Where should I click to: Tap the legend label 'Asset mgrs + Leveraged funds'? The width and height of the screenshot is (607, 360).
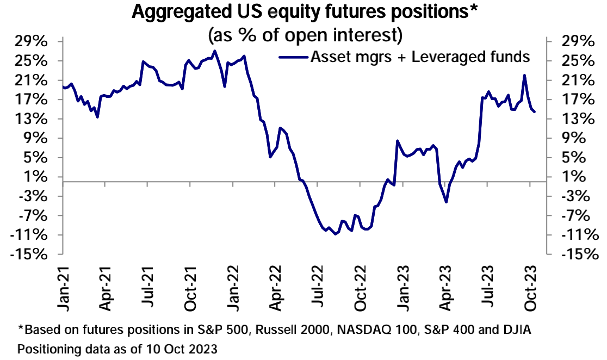(420, 56)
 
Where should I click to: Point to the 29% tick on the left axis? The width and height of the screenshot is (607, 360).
(32, 42)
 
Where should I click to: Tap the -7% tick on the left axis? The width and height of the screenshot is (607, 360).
(34, 216)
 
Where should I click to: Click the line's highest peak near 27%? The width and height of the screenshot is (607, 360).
(215, 51)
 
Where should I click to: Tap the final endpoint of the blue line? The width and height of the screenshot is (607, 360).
(535, 112)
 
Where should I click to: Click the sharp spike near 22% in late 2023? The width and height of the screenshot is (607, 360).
(524, 76)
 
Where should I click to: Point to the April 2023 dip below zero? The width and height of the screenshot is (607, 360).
(446, 202)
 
